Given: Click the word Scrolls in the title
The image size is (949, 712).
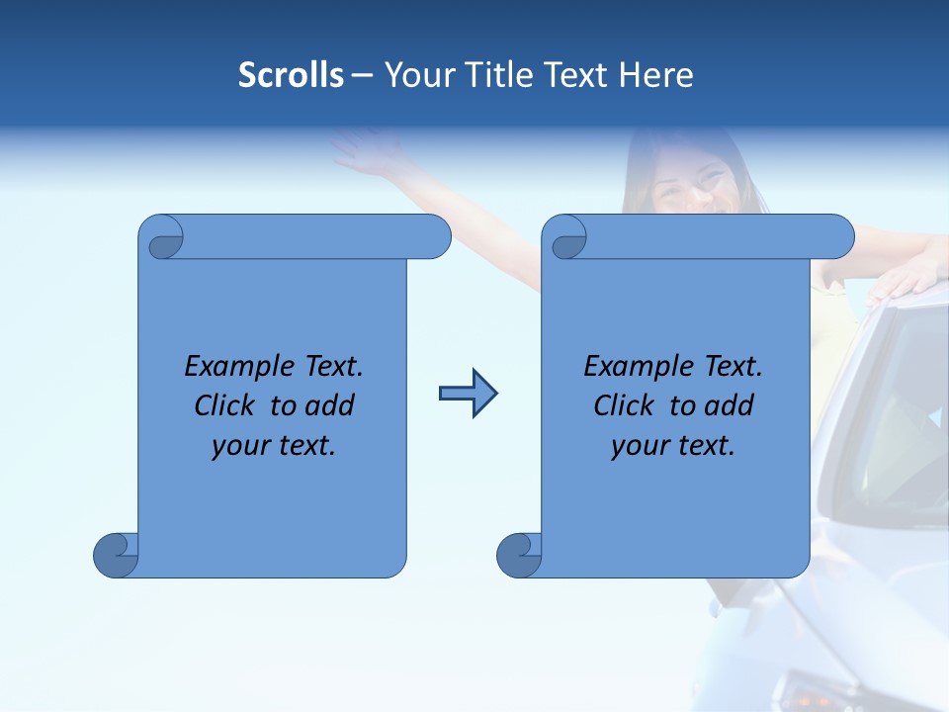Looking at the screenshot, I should click(x=291, y=75).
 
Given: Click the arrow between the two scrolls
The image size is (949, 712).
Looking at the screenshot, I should click(x=468, y=394).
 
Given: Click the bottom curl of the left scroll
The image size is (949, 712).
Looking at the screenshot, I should click(x=116, y=555).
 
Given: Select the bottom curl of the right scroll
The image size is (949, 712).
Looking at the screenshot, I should click(x=519, y=555).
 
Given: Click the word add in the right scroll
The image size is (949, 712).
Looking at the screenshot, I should click(x=727, y=405).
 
